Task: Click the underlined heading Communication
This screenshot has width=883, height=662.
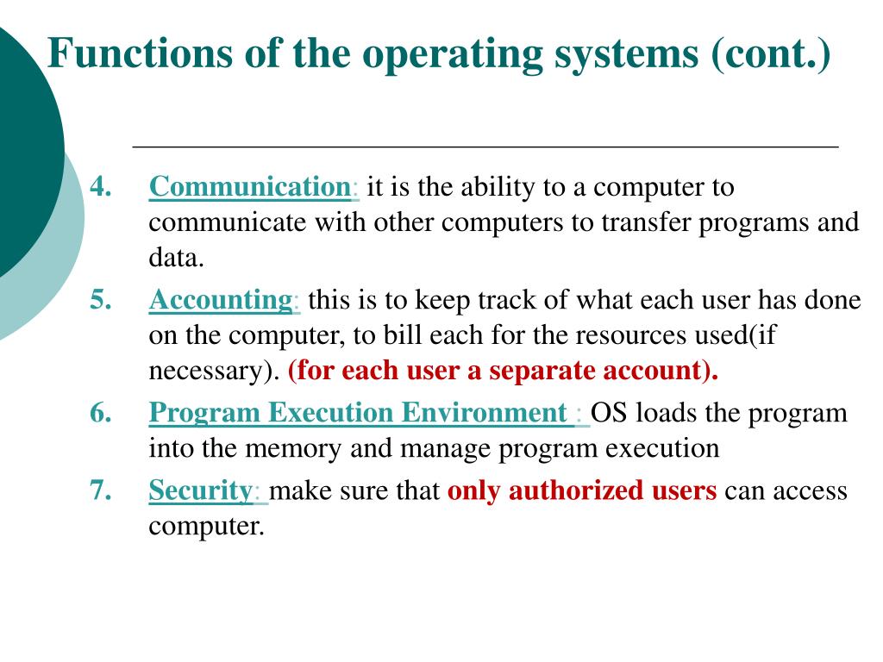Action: coord(248,187)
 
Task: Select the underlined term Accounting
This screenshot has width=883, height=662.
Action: coord(221,300)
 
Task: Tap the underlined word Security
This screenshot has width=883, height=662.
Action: coord(199,490)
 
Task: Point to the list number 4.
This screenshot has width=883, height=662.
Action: coord(101,187)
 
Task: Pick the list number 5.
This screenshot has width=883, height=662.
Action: coord(101,300)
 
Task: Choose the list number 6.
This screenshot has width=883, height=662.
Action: coord(101,413)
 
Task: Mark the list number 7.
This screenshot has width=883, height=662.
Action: coord(101,490)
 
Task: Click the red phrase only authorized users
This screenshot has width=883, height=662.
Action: coord(582,490)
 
